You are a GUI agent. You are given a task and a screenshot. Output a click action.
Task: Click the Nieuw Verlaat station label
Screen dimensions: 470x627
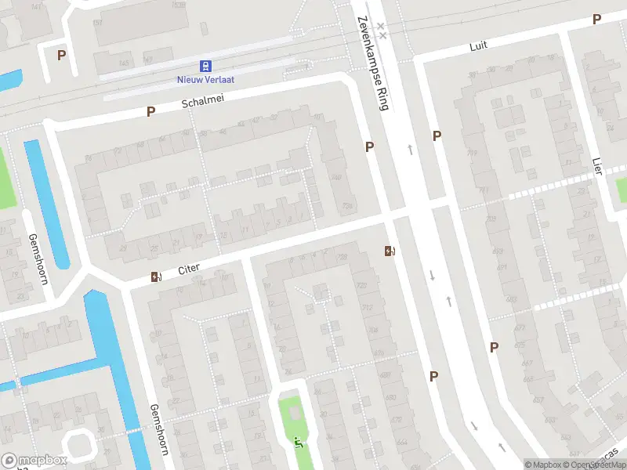pyautogui.click(x=206, y=79)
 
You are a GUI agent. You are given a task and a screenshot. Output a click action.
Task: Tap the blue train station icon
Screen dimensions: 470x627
pyautogui.click(x=206, y=66)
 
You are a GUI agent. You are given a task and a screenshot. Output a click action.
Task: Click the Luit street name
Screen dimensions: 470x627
pyautogui.click(x=478, y=45)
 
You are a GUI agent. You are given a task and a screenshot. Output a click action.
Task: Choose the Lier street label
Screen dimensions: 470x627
pyautogui.click(x=597, y=165)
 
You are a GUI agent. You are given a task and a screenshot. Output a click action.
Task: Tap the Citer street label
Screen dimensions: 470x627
pyautogui.click(x=189, y=269)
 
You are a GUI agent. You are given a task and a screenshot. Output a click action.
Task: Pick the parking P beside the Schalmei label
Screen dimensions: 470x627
pyautogui.click(x=150, y=112)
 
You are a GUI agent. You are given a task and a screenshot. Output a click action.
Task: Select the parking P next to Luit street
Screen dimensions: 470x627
pyautogui.click(x=596, y=20)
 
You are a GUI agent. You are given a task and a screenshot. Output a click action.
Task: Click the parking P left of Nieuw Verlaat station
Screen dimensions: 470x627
pyautogui.click(x=61, y=55)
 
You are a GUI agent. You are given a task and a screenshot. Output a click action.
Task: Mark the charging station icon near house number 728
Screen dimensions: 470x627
pyautogui.click(x=389, y=251)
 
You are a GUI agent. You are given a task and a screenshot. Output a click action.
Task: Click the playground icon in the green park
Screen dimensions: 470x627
pyautogui.click(x=297, y=443)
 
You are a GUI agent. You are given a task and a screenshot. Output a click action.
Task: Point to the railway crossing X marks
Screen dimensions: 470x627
pyautogui.click(x=382, y=31)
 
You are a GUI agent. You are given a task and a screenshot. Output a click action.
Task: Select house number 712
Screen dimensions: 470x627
pyautogui.click(x=367, y=307)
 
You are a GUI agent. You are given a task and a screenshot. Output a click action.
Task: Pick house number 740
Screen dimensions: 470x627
pyautogui.click(x=336, y=179)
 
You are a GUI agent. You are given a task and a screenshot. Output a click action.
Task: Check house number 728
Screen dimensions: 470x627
pyautogui.click(x=342, y=257)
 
